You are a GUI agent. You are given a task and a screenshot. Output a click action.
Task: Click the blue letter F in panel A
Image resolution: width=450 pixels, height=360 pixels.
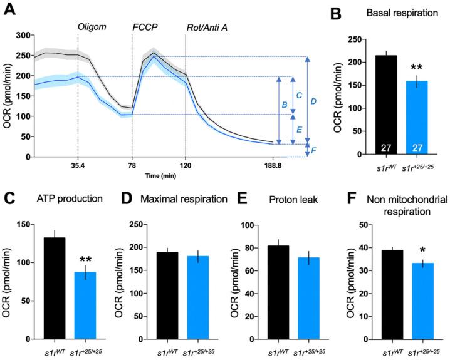[315, 151]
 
